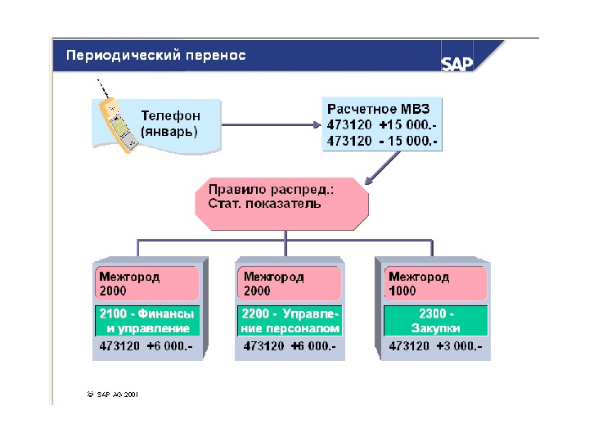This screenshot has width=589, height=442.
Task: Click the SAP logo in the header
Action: [458, 65]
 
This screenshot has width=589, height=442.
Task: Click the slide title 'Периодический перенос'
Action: [156, 56]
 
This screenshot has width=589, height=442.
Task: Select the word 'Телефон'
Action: [170, 116]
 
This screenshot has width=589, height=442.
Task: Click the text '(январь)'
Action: [169, 131]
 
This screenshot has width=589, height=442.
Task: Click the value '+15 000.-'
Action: [407, 125]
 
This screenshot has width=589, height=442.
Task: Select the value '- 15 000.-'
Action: [408, 141]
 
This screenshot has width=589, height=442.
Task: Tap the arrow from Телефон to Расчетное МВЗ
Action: [271, 125]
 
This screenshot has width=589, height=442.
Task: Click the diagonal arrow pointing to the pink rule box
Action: [384, 168]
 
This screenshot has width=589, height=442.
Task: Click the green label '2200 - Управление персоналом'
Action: [290, 321]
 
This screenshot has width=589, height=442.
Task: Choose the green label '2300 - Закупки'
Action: [435, 321]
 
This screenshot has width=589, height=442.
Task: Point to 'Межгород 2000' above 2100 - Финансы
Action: [147, 284]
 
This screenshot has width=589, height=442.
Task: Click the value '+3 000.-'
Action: [457, 347]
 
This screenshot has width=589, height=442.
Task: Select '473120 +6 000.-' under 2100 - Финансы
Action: [146, 347]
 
